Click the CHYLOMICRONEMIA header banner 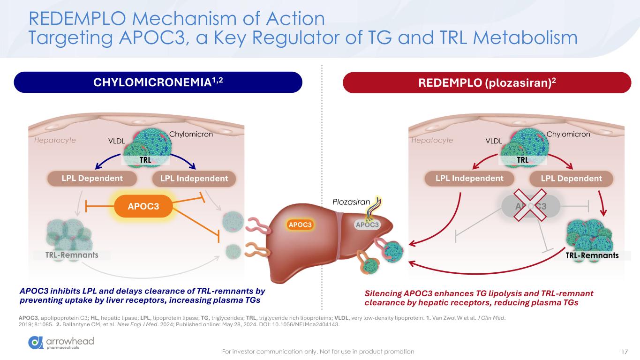158,82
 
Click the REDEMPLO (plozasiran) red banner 487,82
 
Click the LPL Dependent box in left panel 92,178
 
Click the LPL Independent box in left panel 194,178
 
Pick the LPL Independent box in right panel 469,178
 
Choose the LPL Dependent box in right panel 571,178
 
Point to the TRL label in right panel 523,160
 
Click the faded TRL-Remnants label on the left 72,255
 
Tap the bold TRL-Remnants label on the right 592,255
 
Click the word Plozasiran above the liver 351,202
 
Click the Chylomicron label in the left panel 191,135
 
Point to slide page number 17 624,351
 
